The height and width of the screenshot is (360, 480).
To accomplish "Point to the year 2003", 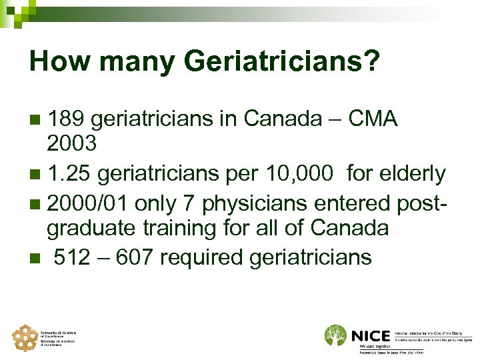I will point(72,143).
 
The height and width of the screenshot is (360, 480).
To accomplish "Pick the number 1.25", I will point(72,173).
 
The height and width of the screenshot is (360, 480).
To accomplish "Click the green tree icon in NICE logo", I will point(335,335).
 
